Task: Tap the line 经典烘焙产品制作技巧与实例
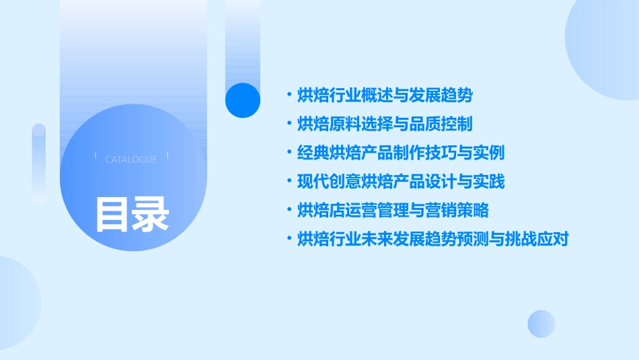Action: click(400, 153)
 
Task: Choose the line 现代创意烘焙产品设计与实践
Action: click(400, 182)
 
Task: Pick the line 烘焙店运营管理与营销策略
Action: click(392, 211)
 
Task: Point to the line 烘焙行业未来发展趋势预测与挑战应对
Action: click(433, 239)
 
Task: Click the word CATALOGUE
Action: click(131, 159)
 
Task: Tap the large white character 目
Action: click(112, 214)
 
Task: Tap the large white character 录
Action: click(151, 214)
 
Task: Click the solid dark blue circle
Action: click(242, 100)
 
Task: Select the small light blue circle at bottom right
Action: click(541, 324)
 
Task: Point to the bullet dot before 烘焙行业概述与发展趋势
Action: click(289, 95)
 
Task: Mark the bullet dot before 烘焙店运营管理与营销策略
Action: click(289, 210)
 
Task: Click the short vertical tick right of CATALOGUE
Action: click(167, 157)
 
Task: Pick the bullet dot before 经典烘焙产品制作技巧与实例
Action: click(289, 152)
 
